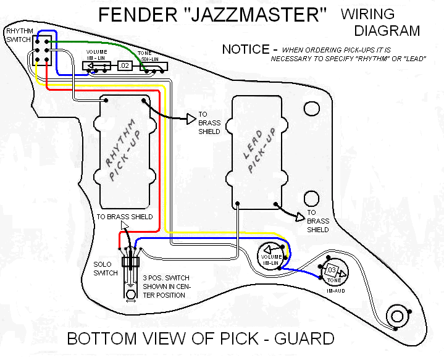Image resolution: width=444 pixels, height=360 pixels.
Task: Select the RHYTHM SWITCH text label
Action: tap(19, 34)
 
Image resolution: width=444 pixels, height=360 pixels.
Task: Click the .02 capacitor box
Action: tap(125, 65)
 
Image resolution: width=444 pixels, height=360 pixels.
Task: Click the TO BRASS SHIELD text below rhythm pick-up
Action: tap(124, 217)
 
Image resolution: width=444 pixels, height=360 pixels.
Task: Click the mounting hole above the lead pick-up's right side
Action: tap(311, 109)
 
